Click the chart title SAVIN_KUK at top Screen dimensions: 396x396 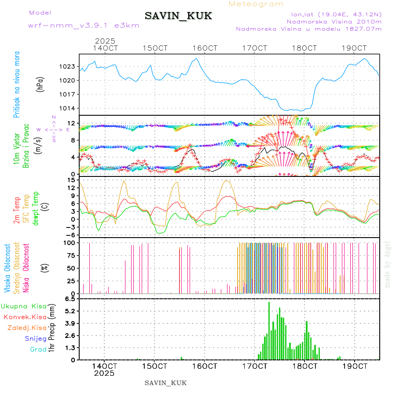pos(178,16)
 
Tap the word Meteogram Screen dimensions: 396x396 pos(256,4)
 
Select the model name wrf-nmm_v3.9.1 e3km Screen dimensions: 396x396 pos(84,25)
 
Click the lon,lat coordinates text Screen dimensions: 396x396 pos(333,14)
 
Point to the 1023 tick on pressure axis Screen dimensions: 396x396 pos(68,67)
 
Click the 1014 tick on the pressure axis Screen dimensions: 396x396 pos(68,108)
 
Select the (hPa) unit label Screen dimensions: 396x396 pos(40,84)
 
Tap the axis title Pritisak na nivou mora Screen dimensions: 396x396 pos(17,84)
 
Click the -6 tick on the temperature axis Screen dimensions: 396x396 pos(70,235)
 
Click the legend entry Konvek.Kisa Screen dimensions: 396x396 pos(25,317)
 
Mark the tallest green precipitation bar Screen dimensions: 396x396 pos(269,330)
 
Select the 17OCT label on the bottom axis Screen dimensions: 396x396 pos(255,366)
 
